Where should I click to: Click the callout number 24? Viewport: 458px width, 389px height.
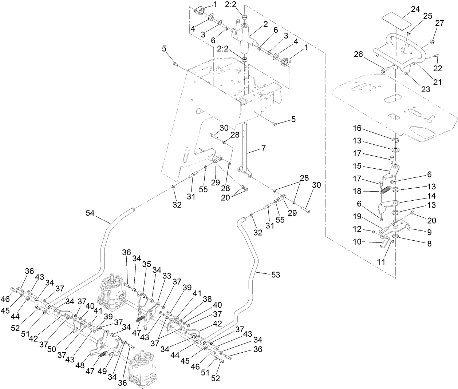415,9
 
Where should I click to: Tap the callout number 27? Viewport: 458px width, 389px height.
440,23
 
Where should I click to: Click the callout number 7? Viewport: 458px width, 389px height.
263,148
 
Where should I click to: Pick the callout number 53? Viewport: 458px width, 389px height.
276,275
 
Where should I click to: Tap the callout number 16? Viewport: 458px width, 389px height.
358,128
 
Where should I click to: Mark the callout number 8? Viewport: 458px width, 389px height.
429,244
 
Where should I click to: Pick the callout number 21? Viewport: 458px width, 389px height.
437,82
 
